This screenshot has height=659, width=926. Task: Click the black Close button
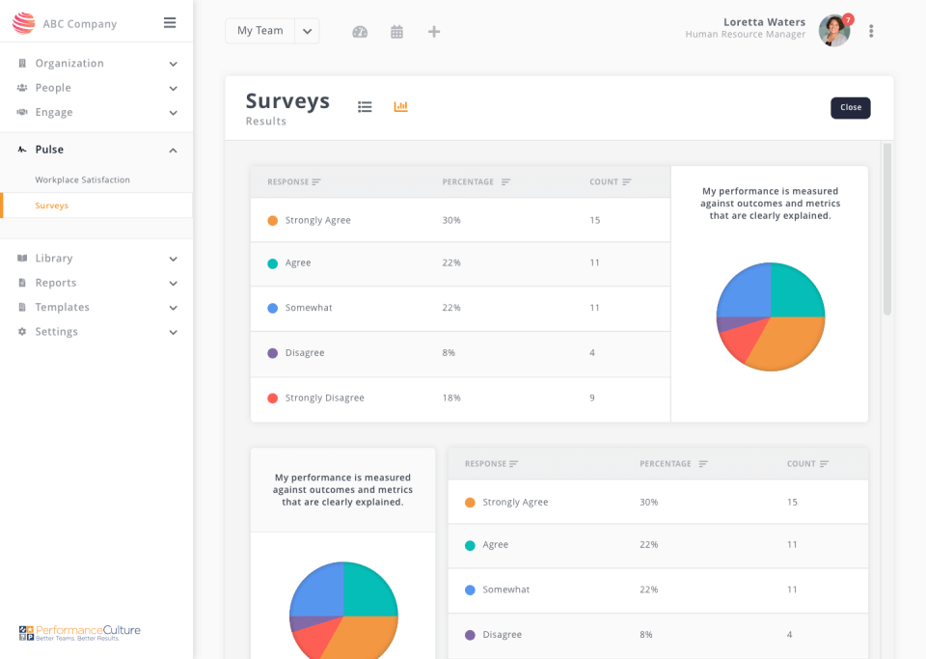tap(850, 108)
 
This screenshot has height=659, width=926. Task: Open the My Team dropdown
tap(307, 31)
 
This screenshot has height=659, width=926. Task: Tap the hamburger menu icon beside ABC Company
tap(170, 23)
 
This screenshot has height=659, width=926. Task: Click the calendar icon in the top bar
tap(396, 32)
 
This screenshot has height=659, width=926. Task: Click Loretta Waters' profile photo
tap(833, 31)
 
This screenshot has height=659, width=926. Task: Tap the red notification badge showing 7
tap(848, 19)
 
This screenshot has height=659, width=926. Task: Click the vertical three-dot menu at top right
tap(871, 31)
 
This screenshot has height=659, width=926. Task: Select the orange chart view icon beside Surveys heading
tap(400, 106)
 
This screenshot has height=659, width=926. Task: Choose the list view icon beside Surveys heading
tap(365, 107)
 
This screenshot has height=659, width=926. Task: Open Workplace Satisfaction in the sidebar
tap(82, 179)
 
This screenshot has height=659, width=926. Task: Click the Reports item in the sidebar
tap(56, 283)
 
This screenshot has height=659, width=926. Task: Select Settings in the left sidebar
tap(56, 332)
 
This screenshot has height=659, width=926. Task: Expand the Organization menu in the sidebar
tap(69, 64)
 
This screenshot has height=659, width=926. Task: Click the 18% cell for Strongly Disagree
tap(451, 398)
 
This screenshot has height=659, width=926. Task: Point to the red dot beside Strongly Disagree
tap(273, 398)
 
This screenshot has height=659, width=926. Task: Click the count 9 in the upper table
tap(592, 398)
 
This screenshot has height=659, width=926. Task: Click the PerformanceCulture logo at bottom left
tap(80, 632)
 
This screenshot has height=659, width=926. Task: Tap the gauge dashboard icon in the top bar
tap(360, 32)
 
